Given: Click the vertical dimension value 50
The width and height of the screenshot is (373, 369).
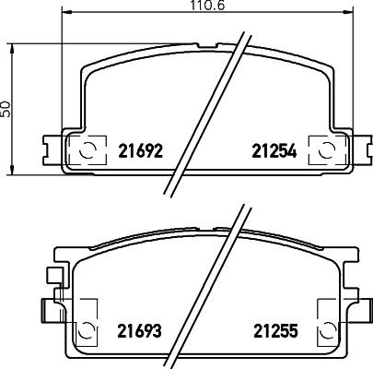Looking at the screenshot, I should (6, 108).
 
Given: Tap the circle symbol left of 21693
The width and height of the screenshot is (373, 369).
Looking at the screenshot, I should (86, 327).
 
